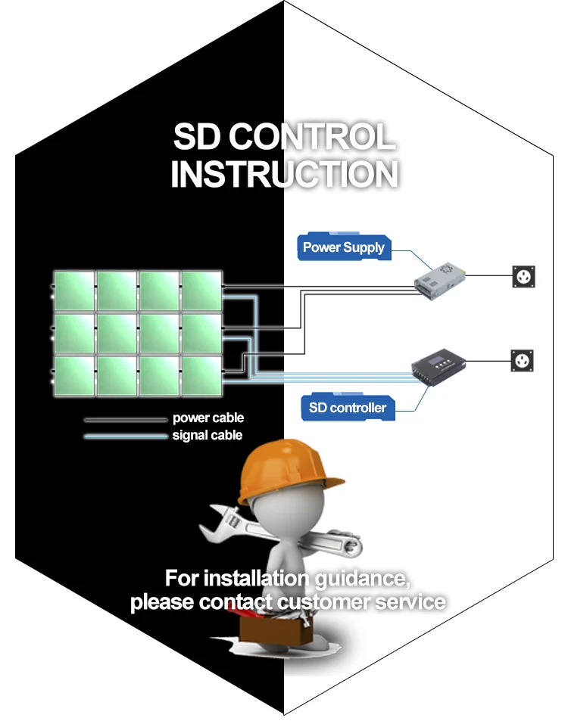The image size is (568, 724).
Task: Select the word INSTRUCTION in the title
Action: (x=284, y=173)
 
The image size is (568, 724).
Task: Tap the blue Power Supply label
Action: (x=343, y=247)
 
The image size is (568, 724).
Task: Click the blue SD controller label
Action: (x=347, y=408)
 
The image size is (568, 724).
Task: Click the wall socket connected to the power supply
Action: (x=524, y=275)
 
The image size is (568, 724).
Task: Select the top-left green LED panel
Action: (x=74, y=291)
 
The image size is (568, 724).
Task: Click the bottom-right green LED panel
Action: (x=201, y=376)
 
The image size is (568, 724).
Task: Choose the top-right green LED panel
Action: (x=201, y=291)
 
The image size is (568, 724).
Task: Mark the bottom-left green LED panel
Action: (x=74, y=376)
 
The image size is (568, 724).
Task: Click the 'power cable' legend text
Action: (x=208, y=418)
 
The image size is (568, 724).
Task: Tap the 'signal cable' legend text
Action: (x=208, y=435)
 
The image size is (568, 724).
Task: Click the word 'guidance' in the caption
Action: (x=363, y=580)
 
